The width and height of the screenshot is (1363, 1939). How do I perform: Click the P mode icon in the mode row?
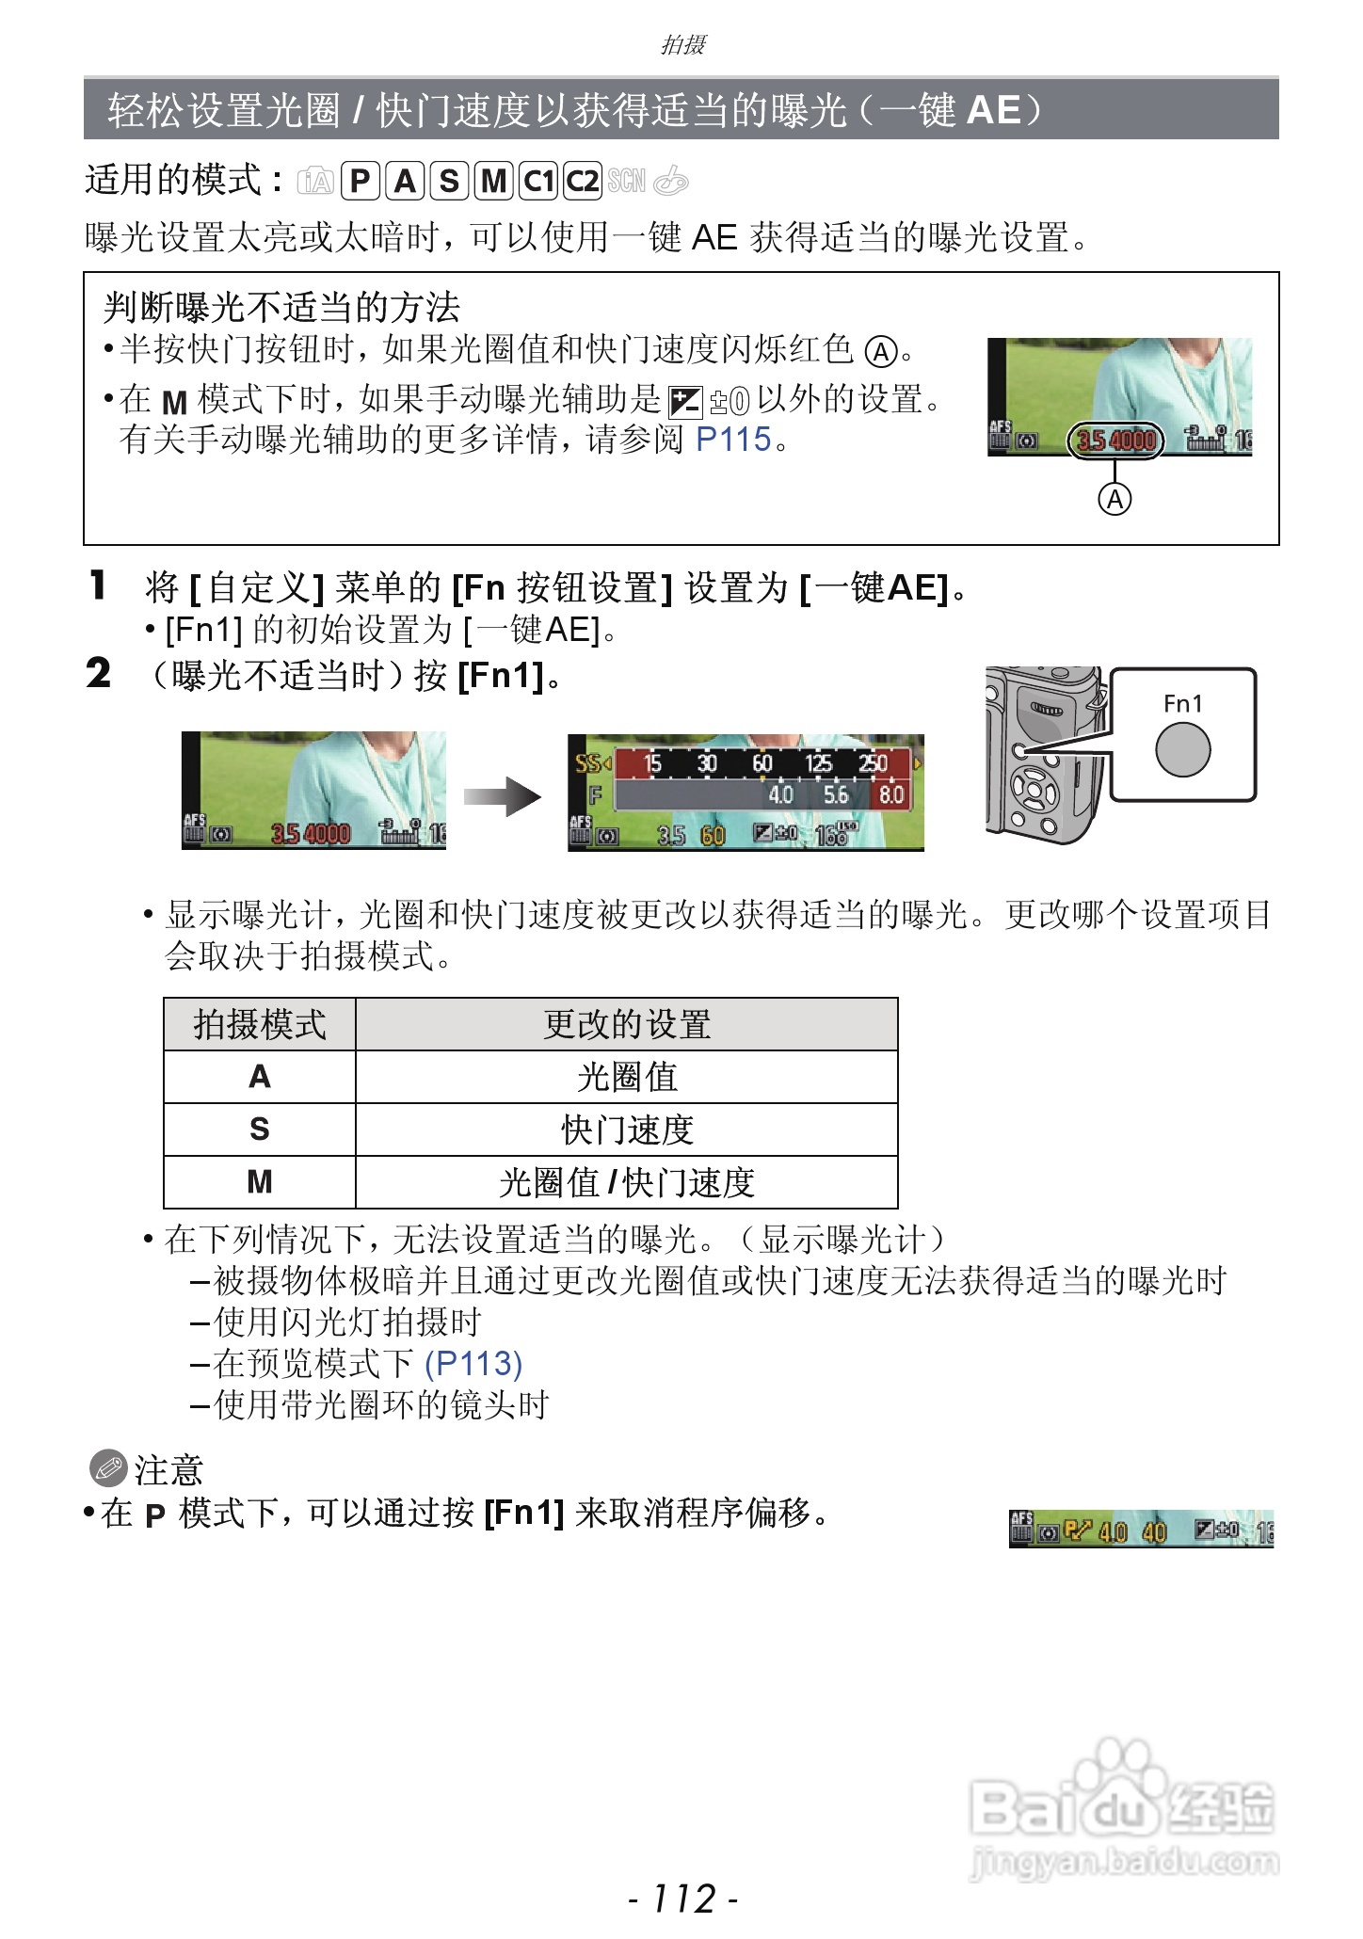click(x=360, y=180)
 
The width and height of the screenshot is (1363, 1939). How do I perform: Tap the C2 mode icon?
click(x=583, y=180)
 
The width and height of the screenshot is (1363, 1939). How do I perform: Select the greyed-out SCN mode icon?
click(x=627, y=180)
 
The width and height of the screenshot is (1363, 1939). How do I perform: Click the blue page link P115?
click(x=733, y=440)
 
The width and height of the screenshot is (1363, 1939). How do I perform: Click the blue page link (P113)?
click(x=473, y=1363)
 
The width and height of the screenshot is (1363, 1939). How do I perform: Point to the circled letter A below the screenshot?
click(x=1114, y=499)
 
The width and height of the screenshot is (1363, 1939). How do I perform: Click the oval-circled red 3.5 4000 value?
click(x=1115, y=440)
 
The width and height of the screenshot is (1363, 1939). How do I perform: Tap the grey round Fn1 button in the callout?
click(x=1182, y=749)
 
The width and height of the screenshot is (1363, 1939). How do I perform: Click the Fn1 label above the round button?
click(x=1182, y=703)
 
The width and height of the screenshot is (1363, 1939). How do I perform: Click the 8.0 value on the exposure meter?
click(x=890, y=794)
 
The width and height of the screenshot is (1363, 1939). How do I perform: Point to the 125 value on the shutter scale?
click(x=819, y=763)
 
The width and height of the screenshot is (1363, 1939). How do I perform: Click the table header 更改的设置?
click(x=627, y=1024)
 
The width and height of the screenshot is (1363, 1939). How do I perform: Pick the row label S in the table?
click(x=260, y=1129)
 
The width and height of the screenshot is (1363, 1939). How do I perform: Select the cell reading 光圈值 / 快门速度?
click(x=627, y=1182)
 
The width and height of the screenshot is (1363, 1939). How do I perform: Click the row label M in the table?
click(x=260, y=1182)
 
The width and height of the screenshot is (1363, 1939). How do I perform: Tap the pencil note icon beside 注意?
click(x=107, y=1467)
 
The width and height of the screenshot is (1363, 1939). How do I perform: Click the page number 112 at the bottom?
click(x=683, y=1899)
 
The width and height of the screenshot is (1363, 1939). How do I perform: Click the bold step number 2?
click(x=98, y=674)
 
